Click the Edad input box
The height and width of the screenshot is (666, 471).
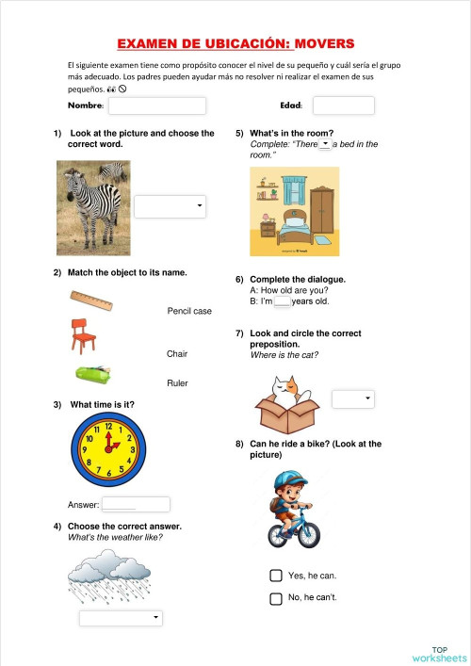(x=343, y=106)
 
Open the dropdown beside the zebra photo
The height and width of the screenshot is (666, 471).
(x=170, y=206)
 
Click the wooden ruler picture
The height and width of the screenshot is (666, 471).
(x=91, y=301)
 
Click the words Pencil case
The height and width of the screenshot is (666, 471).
(x=189, y=311)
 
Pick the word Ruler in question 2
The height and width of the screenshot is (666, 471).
(x=177, y=383)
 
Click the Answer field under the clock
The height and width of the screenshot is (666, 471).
(x=135, y=505)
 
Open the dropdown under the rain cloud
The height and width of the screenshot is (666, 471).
(x=121, y=618)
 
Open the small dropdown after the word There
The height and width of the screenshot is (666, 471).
(x=324, y=144)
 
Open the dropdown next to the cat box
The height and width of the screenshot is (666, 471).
(x=353, y=399)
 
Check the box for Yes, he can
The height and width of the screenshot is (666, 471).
(x=276, y=576)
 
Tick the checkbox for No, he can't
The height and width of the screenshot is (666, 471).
(x=276, y=598)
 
